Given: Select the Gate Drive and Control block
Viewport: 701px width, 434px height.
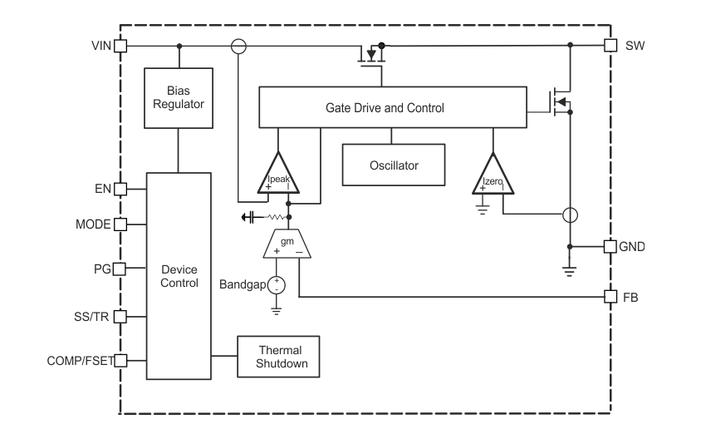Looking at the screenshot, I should tap(392, 107).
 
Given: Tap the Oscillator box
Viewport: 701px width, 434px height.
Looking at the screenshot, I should tap(394, 165).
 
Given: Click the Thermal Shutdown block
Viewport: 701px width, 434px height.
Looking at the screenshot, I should tap(278, 356).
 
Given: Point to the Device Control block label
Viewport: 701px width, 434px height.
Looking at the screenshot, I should tap(179, 276).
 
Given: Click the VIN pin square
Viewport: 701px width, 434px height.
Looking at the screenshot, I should tap(120, 46).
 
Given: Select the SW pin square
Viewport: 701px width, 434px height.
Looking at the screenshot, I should tap(610, 46).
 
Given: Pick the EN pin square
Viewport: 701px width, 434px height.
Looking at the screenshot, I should tap(120, 189).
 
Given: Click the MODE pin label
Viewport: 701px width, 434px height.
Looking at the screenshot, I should tap(93, 224).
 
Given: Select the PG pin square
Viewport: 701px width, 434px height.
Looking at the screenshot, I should tap(120, 269).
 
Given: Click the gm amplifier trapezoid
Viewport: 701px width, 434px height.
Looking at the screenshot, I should tap(287, 244).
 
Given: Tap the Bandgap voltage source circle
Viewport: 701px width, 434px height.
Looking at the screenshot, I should tap(277, 284).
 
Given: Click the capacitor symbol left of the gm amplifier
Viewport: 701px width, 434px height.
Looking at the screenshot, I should tap(248, 218).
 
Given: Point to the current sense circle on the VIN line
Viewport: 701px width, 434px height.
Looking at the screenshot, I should tap(238, 46).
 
